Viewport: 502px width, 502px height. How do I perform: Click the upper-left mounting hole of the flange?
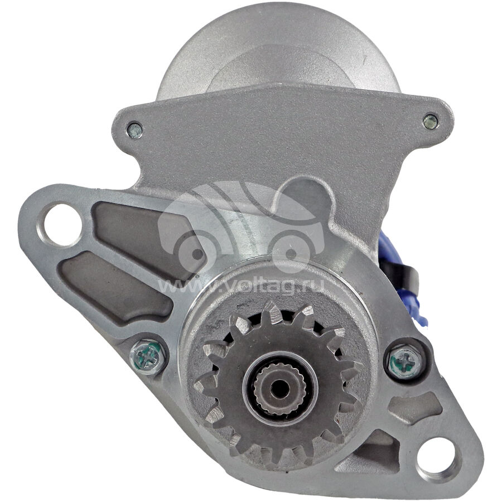point(61,220)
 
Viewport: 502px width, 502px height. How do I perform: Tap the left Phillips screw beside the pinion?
point(147,356)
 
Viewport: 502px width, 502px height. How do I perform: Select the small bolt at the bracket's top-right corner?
point(430,122)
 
